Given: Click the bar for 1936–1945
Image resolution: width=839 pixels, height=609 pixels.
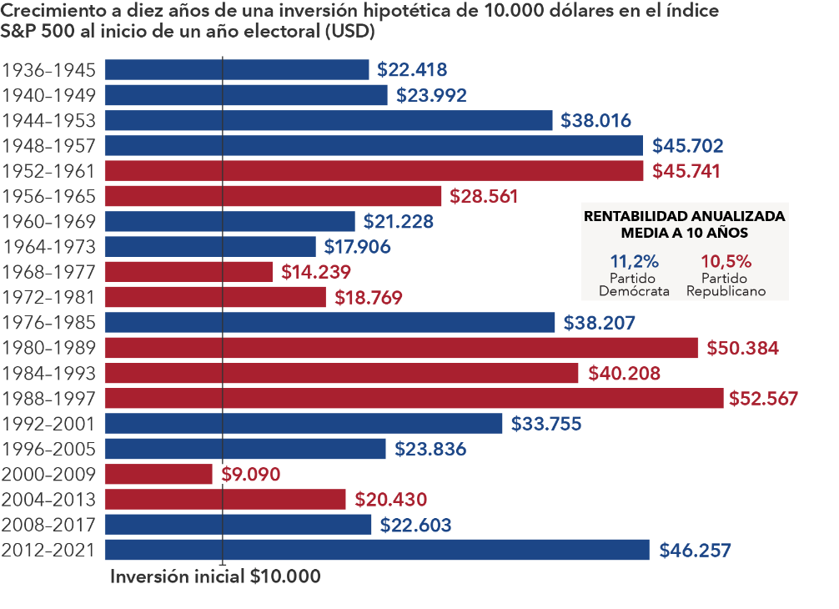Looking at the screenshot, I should coord(237,70).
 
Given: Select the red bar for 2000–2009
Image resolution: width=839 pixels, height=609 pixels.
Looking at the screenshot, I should coord(159,474).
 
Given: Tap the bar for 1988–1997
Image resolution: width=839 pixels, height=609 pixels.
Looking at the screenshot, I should coord(414,398).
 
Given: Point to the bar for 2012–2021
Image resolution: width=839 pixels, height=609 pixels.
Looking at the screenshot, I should coord(377,550).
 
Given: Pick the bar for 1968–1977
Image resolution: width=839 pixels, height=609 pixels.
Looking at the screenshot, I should coord(189,272).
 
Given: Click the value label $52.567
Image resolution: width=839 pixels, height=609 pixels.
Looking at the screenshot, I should coord(764,399).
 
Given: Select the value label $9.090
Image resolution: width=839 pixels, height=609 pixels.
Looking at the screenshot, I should coord(251,475).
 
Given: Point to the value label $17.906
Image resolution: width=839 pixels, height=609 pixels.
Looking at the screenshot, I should coord(358,247).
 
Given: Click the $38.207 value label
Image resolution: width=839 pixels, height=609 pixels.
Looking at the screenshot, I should coord(600,323).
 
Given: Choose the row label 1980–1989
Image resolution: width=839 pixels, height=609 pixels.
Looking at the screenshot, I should coord(50,348).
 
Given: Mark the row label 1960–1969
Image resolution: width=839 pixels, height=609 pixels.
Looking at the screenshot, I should coord(50,222).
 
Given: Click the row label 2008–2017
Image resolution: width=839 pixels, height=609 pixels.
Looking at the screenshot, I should coord(50,525).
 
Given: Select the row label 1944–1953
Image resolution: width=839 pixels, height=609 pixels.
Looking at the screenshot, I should coord(50,120).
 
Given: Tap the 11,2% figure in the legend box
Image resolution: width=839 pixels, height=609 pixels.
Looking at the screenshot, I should coord(634,259).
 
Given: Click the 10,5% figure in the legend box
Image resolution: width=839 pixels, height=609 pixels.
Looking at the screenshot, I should coord(726,259).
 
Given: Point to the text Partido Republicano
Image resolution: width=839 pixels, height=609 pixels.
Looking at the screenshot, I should coord(725,284).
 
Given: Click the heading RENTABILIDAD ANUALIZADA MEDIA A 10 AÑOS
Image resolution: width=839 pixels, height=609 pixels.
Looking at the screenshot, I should coord(684,224).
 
